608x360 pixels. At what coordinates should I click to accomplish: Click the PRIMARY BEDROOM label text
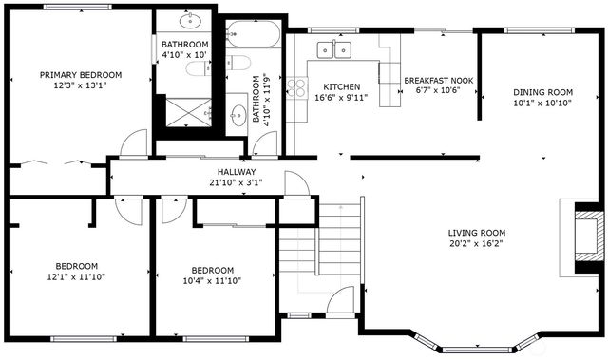(81, 75)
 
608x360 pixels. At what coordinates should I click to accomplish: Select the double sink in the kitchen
(333, 48)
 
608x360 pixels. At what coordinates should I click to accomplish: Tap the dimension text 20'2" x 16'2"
(477, 244)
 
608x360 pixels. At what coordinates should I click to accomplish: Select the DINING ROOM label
(543, 93)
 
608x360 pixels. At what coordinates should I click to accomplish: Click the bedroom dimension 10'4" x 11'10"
(213, 280)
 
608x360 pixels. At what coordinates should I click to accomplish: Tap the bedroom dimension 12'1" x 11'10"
(76, 276)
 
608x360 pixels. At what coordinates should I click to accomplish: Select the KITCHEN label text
(341, 86)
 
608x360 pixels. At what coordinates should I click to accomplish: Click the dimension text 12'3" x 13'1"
(81, 85)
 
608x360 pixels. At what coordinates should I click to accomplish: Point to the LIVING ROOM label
(477, 233)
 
